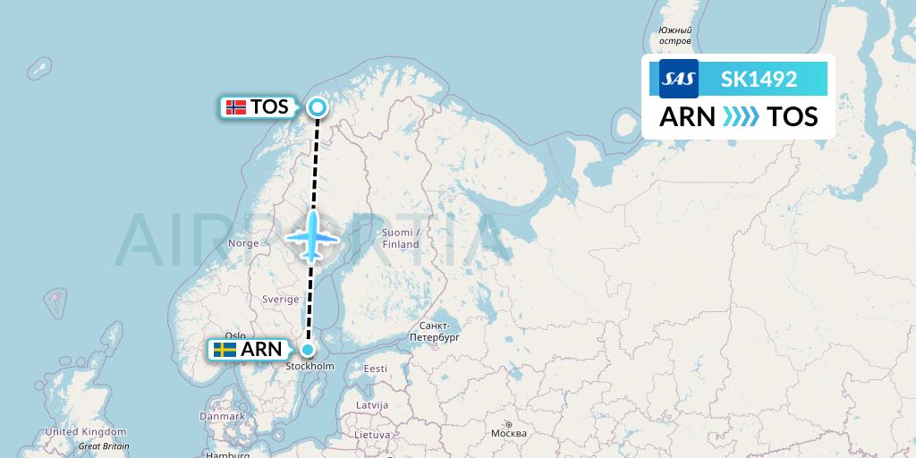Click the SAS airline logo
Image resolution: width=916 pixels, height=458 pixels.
(x=678, y=79)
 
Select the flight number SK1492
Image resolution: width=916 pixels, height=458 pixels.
(x=759, y=79)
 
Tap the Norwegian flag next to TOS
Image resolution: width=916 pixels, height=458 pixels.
(x=236, y=107)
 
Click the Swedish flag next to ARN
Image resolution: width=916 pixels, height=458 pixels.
(x=225, y=350)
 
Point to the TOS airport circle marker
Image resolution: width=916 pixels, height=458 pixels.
(x=318, y=108)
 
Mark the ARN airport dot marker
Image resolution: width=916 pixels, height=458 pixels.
(x=308, y=350)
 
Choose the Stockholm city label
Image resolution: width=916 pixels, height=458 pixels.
(x=310, y=367)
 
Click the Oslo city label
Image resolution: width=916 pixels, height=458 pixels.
(x=235, y=336)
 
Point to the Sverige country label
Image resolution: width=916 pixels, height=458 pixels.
(x=280, y=300)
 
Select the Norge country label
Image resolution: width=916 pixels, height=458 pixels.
(x=243, y=243)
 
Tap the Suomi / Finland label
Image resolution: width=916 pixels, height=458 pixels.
(x=400, y=238)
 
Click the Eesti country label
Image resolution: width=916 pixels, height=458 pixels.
(x=375, y=369)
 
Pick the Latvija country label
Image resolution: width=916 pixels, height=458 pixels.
(x=371, y=404)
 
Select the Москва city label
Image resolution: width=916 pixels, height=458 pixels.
(x=508, y=434)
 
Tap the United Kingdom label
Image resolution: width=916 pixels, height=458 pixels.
(x=86, y=431)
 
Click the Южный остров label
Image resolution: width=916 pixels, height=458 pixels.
(x=675, y=36)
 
